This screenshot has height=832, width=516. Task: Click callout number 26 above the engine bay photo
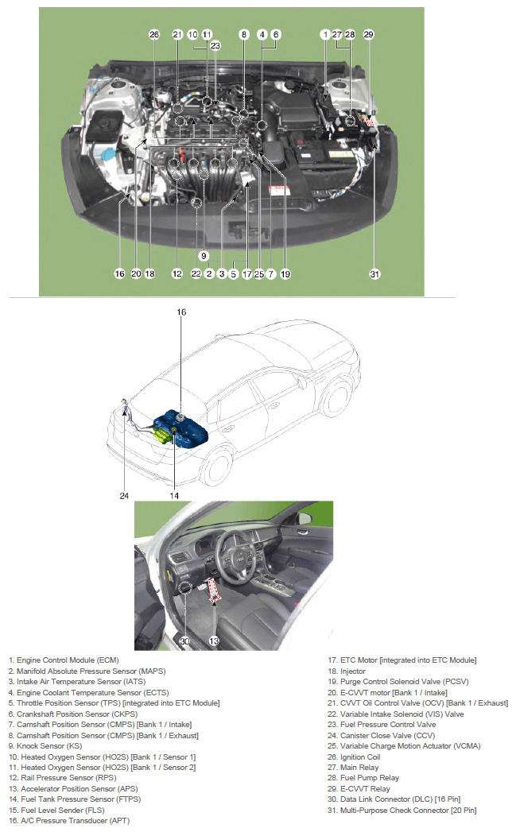coord(154,34)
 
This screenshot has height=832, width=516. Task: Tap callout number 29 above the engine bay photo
coord(368,34)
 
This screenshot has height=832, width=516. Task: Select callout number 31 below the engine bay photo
coord(374,274)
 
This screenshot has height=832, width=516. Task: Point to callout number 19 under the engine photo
coord(285,274)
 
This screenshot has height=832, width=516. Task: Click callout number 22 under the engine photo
coord(196,274)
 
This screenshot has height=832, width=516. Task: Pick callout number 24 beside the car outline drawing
coord(124,496)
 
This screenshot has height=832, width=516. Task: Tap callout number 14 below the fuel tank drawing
coord(174,496)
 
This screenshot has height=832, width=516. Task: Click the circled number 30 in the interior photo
coord(184,640)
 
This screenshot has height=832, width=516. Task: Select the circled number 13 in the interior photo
coord(213,640)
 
